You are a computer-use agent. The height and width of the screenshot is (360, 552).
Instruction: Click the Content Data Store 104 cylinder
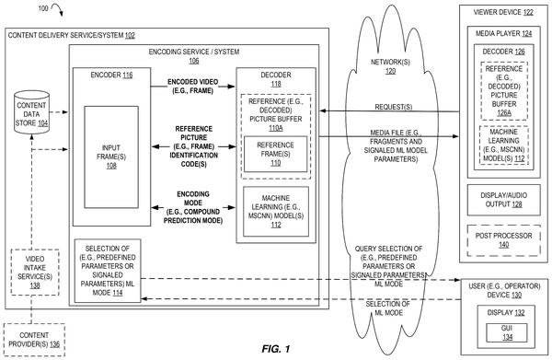[x=31, y=112]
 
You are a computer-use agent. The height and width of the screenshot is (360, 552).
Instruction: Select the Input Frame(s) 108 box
[x=111, y=157]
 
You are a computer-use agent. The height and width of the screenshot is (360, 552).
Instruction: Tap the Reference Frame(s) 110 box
[x=276, y=154]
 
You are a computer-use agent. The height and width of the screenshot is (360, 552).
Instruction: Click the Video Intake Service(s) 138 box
[x=35, y=272]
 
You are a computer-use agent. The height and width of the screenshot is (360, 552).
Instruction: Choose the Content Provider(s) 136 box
[x=34, y=340]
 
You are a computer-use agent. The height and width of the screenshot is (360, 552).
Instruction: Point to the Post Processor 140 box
[x=504, y=240]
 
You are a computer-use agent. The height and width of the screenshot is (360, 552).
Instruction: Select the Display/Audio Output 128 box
[x=504, y=200]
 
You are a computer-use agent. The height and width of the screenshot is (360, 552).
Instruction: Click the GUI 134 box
[x=507, y=332]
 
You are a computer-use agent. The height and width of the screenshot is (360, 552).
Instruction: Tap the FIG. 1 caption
[x=276, y=349]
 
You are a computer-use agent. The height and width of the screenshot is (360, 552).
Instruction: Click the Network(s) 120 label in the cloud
[x=390, y=66]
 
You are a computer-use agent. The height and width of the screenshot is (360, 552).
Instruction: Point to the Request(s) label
[x=394, y=107]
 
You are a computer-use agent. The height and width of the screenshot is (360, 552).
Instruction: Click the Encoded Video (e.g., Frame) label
[x=193, y=87]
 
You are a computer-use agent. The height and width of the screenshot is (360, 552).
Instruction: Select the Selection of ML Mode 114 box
[x=108, y=271]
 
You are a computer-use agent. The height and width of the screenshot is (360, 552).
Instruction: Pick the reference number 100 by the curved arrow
[x=43, y=8]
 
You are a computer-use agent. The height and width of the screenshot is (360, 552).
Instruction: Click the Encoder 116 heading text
[x=111, y=75]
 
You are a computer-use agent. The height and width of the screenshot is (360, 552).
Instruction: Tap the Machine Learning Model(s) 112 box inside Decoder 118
[x=276, y=212]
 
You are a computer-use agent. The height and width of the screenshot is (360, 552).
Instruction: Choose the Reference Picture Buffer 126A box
[x=504, y=91]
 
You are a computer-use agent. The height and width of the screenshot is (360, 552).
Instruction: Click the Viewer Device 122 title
[x=503, y=12]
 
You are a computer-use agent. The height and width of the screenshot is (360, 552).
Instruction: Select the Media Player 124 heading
[x=504, y=33]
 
